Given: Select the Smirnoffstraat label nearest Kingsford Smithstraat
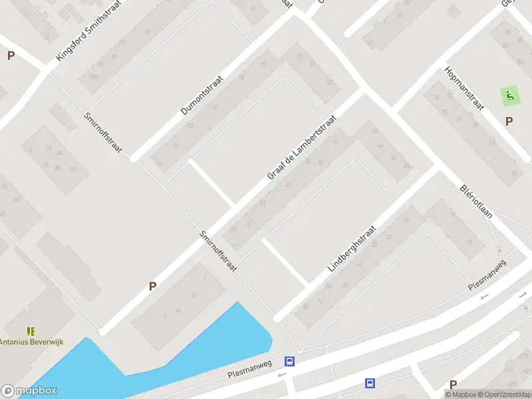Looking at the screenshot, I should click(102, 134).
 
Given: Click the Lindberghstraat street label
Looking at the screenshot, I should click(352, 248).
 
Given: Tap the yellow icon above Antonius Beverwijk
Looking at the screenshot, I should click(31, 331).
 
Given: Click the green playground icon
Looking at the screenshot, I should click(509, 96).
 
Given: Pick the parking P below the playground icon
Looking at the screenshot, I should click(509, 122).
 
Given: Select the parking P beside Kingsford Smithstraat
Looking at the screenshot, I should click(11, 56).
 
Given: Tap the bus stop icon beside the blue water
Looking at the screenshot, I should click(290, 362).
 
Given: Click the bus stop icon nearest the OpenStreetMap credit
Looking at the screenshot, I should click(370, 383).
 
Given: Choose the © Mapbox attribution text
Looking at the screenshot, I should click(463, 394).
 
